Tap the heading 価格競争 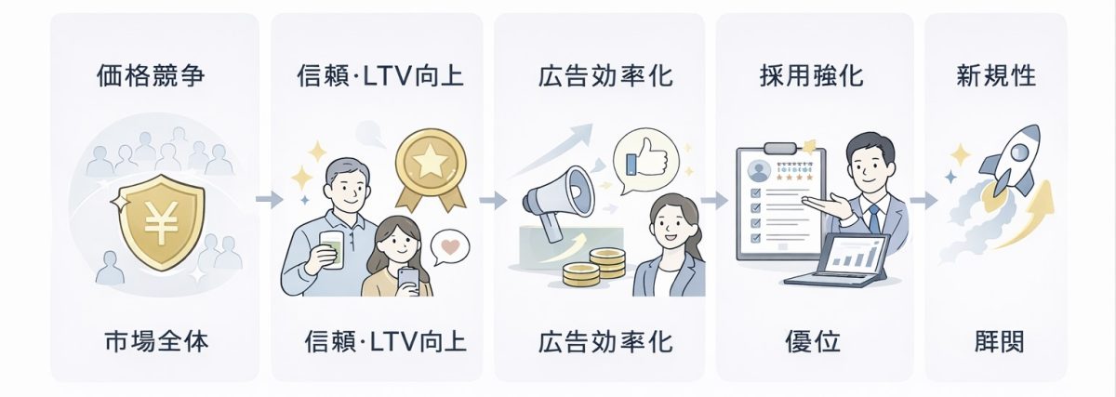(x=150, y=75)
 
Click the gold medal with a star (x=429, y=165)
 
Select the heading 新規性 (x=996, y=75)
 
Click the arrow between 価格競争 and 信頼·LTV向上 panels (x=269, y=199)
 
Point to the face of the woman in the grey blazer (x=671, y=223)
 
